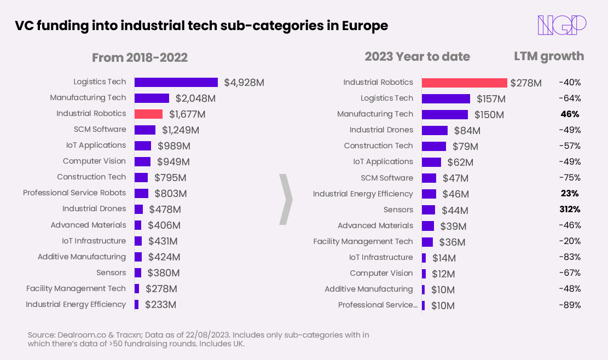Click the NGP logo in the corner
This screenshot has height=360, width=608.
(562, 25)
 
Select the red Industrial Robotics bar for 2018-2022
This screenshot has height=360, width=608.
(148, 114)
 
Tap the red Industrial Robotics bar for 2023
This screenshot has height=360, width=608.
(464, 83)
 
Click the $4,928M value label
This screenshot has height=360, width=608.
(244, 83)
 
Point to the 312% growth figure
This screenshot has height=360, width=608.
(570, 210)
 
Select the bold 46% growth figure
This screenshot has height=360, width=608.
(570, 114)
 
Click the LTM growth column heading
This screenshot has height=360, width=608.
(548, 56)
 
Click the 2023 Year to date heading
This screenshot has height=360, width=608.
(417, 57)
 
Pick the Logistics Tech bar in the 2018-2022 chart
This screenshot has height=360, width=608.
(176, 82)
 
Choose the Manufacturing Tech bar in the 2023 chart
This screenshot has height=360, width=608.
(444, 114)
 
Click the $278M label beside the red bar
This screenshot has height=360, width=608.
(525, 83)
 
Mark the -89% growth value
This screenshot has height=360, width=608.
(570, 305)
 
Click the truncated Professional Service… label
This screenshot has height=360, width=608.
(378, 305)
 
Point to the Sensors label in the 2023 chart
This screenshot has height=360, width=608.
(398, 210)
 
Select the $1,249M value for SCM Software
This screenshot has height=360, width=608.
(181, 130)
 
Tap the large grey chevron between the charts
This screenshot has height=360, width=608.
(286, 199)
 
